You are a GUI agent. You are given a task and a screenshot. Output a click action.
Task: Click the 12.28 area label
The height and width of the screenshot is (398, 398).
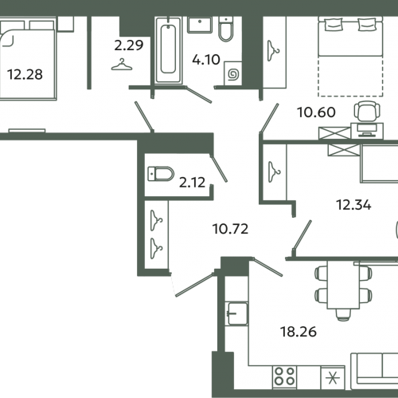[25, 74]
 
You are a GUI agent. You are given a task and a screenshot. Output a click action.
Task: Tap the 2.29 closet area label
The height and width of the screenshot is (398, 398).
[129, 45]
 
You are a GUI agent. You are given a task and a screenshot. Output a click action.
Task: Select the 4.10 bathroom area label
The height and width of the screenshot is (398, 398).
[206, 60]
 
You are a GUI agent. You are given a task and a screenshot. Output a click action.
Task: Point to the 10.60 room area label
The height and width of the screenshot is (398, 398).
[316, 112]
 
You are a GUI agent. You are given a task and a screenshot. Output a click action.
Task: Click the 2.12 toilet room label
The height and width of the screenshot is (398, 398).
[193, 183]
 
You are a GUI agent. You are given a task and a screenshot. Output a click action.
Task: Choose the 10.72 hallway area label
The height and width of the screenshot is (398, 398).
[230, 229]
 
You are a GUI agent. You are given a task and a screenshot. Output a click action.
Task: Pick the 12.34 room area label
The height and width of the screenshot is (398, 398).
[353, 205]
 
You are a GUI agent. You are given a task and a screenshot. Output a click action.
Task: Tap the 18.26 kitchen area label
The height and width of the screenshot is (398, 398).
[298, 332]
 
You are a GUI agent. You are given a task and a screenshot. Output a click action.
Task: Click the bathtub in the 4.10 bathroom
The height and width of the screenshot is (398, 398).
[168, 50]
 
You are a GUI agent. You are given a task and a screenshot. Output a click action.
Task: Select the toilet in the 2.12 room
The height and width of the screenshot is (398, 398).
[161, 174]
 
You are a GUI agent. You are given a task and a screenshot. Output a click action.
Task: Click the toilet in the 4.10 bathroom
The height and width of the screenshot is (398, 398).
[226, 29]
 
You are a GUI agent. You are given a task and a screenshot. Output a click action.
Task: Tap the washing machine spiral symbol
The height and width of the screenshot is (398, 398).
[234, 74]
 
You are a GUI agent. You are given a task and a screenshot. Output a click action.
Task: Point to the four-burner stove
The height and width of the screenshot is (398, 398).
[284, 376]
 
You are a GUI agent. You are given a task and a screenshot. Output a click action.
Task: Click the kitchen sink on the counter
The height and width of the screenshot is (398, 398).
[236, 313]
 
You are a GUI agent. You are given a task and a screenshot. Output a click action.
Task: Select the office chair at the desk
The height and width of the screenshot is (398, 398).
[367, 111]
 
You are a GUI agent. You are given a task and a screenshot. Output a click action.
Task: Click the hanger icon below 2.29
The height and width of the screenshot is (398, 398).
[122, 65]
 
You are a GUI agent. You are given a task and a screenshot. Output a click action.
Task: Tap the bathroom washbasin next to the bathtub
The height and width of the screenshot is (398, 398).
[200, 25]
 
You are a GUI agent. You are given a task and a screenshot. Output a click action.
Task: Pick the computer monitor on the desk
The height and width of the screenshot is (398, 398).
[367, 130]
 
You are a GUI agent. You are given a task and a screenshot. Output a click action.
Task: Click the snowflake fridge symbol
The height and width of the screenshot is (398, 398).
[333, 377]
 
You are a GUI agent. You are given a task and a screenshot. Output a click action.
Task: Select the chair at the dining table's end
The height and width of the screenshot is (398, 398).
[343, 315]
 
